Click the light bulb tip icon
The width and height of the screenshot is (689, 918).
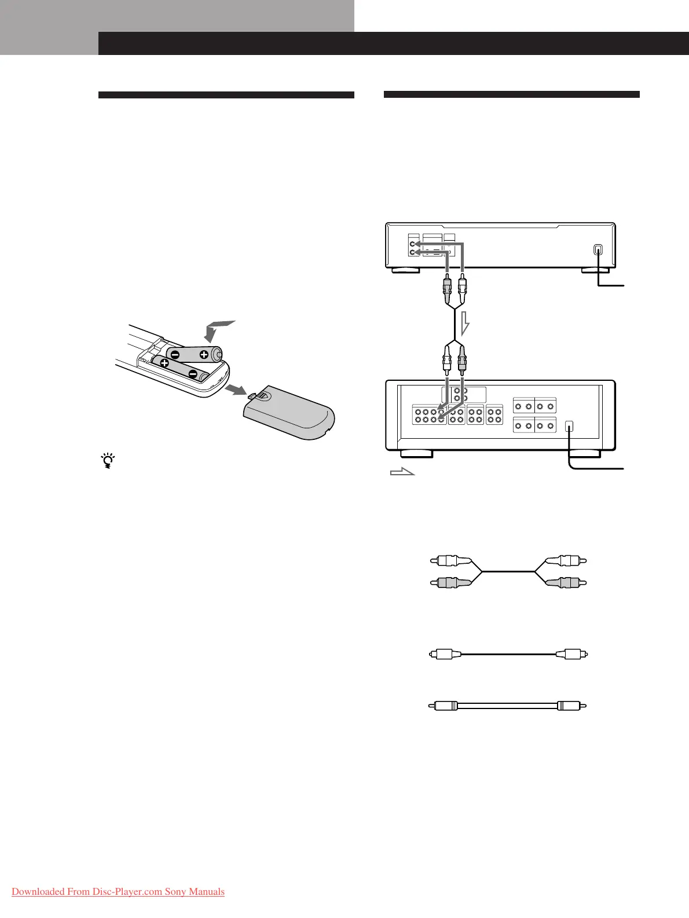(107, 461)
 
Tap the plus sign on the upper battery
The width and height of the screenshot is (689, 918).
(204, 355)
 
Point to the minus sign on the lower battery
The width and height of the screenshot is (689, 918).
(193, 373)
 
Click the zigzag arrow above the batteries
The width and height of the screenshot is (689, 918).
(218, 331)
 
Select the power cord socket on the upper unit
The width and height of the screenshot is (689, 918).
(598, 250)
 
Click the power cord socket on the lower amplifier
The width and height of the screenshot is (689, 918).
(570, 426)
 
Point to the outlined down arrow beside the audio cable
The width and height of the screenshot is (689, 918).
(464, 324)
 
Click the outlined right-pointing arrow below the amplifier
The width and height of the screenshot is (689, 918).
(403, 472)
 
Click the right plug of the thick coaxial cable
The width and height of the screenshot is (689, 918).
(573, 706)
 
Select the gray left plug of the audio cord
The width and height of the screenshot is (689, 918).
(451, 582)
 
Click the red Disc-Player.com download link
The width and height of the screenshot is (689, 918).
(118, 891)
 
